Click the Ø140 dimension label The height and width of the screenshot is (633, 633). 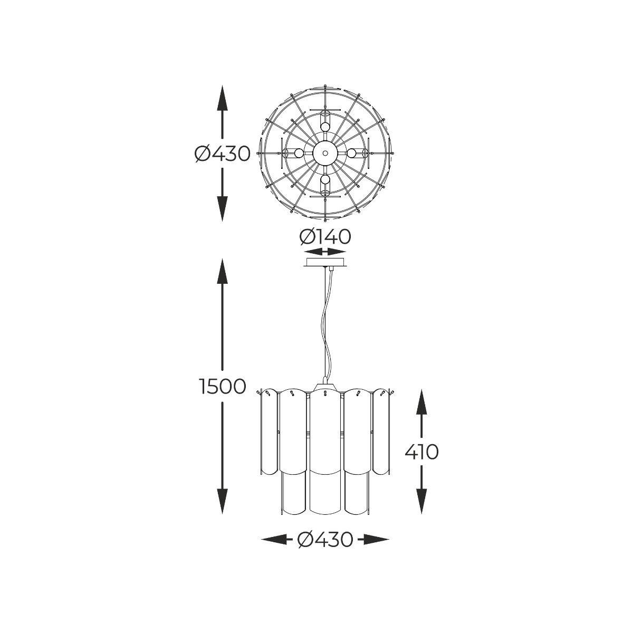pyautogui.click(x=325, y=237)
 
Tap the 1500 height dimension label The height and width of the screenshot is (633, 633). pyautogui.click(x=223, y=387)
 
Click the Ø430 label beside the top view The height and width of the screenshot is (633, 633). pyautogui.click(x=223, y=154)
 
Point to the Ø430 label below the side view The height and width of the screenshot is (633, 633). pyautogui.click(x=325, y=540)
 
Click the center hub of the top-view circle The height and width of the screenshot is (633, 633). pyautogui.click(x=325, y=153)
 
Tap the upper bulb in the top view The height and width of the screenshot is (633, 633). pyautogui.click(x=325, y=127)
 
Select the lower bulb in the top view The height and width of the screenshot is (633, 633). pyautogui.click(x=325, y=179)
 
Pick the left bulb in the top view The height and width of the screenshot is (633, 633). pyautogui.click(x=299, y=153)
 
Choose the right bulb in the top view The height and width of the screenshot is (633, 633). pyautogui.click(x=351, y=153)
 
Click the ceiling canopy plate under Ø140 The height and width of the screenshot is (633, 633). pyautogui.click(x=325, y=263)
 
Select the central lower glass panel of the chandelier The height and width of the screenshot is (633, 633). pyautogui.click(x=325, y=494)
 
